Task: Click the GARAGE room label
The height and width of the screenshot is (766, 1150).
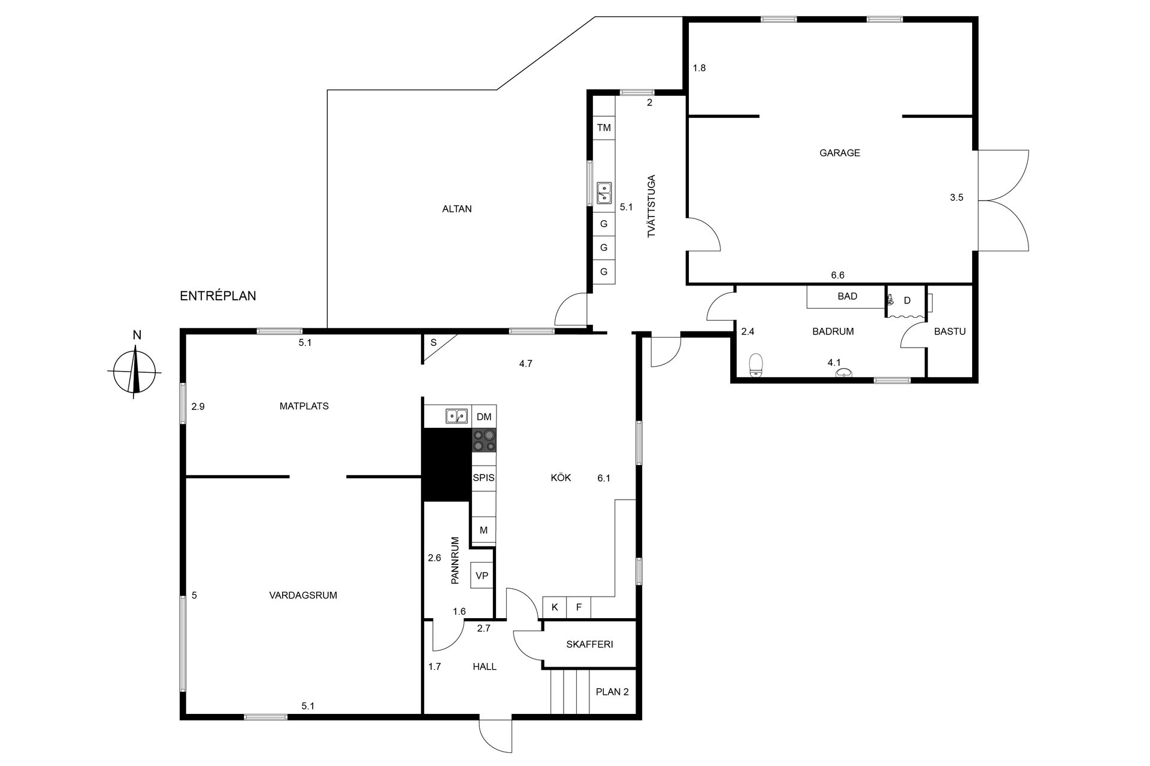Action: (840, 153)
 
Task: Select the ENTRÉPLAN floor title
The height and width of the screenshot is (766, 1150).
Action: (218, 296)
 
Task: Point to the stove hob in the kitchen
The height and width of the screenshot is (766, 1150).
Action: (484, 440)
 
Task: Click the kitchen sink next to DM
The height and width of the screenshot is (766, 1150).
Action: (456, 416)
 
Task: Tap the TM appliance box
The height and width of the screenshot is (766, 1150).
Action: (604, 127)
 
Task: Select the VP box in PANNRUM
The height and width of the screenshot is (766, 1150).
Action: (482, 576)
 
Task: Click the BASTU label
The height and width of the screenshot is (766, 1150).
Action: (950, 331)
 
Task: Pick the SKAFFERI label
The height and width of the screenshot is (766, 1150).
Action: (589, 645)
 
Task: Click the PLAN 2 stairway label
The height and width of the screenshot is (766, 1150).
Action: (612, 692)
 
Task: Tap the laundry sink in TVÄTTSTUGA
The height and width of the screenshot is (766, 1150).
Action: (604, 193)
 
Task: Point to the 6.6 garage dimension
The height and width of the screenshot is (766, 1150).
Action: (837, 275)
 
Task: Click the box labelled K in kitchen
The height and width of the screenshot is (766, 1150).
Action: (555, 607)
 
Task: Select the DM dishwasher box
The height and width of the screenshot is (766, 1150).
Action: (484, 417)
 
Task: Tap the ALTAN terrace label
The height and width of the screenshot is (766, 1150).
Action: (457, 209)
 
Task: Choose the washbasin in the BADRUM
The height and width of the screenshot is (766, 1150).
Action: (844, 373)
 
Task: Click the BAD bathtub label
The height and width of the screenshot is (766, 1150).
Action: (847, 296)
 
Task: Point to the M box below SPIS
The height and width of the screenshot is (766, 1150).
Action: (483, 530)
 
